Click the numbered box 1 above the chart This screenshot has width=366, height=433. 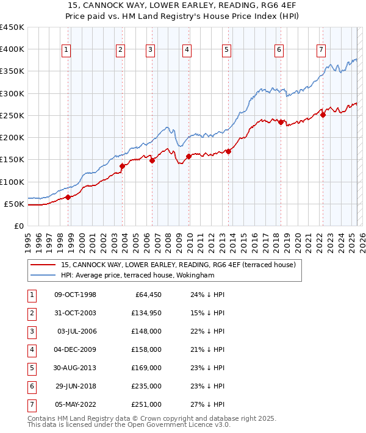click(x=65, y=50)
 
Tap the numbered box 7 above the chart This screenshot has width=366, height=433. click(x=321, y=50)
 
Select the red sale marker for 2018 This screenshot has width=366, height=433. click(x=281, y=122)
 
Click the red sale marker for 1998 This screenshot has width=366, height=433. click(x=68, y=197)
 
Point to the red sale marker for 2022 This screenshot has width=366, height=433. click(x=323, y=115)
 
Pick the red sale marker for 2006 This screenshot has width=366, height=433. click(x=152, y=160)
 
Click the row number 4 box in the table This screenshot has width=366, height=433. click(x=31, y=349)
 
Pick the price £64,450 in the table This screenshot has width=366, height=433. click(x=146, y=295)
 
